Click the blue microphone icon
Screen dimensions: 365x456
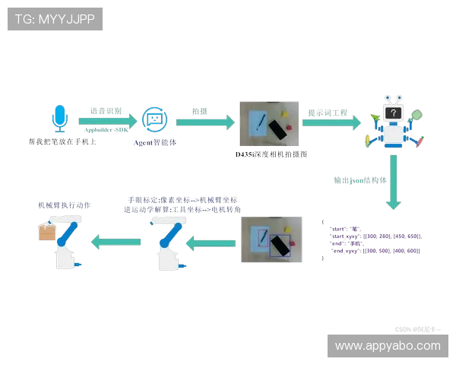(59, 119)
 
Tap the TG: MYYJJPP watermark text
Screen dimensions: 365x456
(55, 19)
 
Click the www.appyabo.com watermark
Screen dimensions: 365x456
(388, 346)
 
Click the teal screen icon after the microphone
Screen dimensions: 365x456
(154, 119)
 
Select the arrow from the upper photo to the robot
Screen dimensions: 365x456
(333, 122)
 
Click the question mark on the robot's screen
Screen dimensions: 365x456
(392, 113)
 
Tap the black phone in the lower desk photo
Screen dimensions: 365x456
(281, 246)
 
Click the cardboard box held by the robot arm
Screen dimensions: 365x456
(48, 232)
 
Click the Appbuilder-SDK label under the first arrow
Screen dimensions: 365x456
(106, 131)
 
